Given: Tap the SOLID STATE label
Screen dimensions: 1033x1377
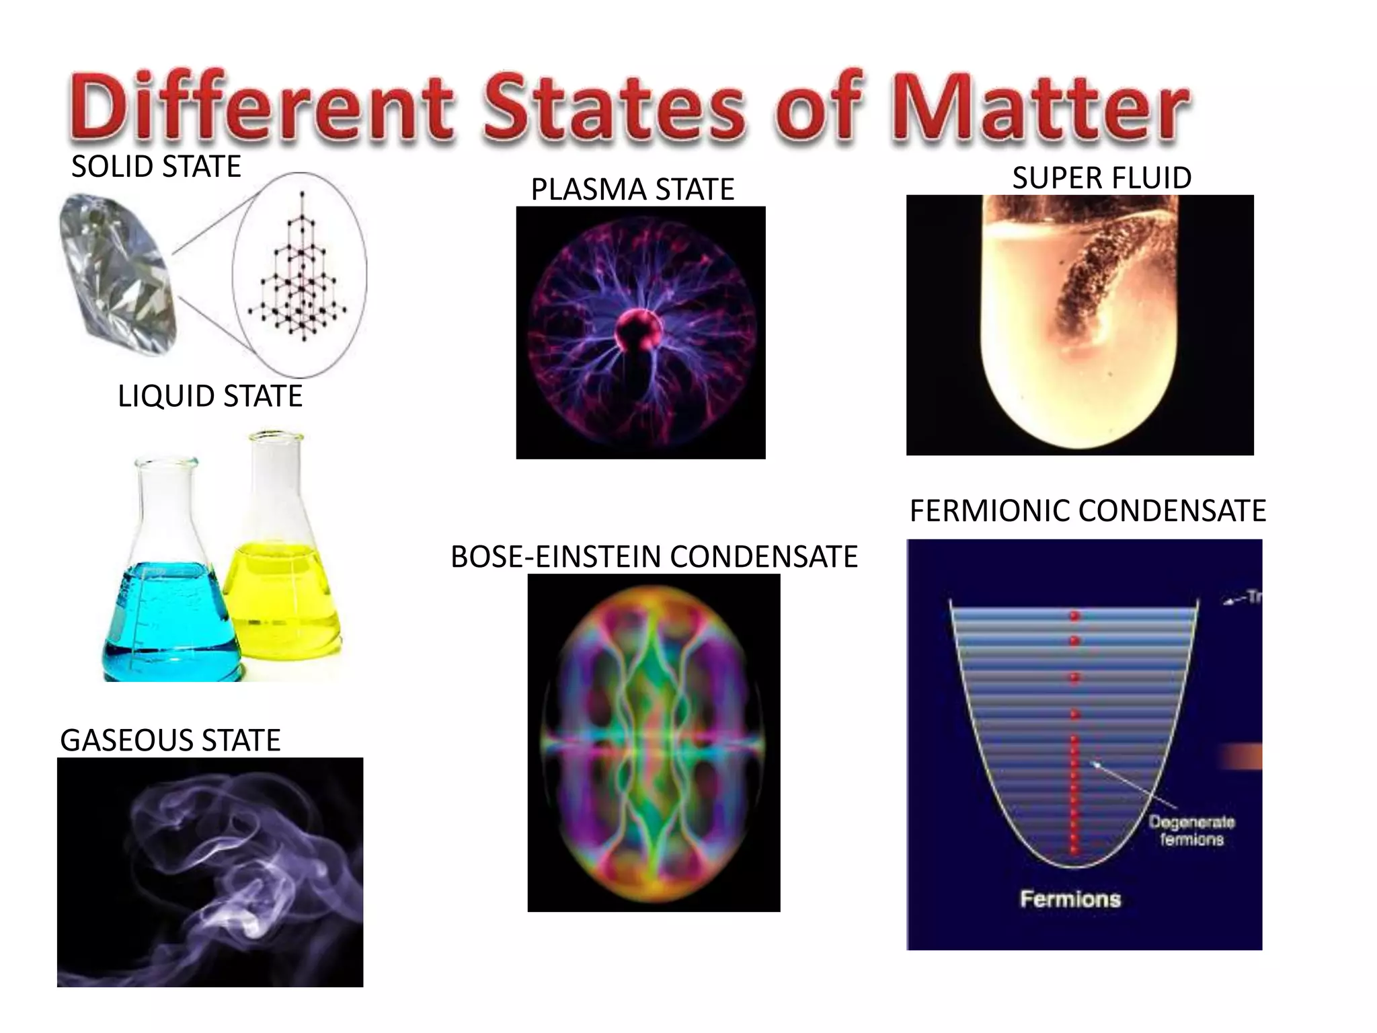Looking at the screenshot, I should tap(156, 167).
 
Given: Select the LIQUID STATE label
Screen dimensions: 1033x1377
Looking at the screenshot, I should tap(210, 396).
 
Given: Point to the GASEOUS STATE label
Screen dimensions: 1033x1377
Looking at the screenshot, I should tap(170, 740).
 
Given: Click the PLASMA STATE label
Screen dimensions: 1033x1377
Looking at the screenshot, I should tap(632, 190).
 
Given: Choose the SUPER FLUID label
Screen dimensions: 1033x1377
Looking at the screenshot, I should tap(1101, 178).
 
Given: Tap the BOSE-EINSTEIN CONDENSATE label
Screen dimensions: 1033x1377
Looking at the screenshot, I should tap(654, 557).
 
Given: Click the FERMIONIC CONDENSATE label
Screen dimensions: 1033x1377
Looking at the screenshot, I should tap(1087, 511).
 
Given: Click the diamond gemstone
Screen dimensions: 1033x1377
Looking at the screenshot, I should tap(118, 272).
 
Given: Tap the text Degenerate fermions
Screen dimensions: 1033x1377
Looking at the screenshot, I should tap(1191, 831).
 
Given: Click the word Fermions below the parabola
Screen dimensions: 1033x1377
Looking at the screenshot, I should tap(1070, 899).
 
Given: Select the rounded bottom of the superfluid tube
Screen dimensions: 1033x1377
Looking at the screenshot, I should tap(1079, 417).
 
